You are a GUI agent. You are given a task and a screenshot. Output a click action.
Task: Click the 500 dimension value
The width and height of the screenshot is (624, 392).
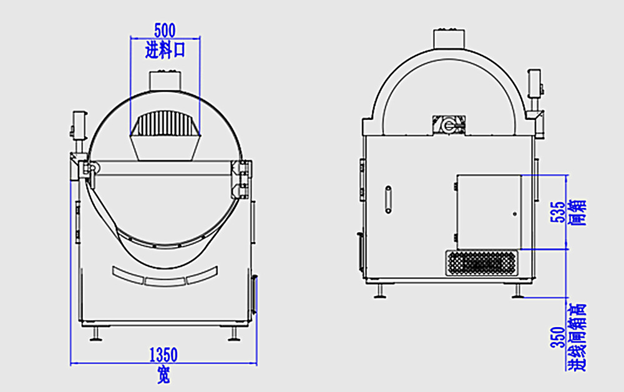(165, 29)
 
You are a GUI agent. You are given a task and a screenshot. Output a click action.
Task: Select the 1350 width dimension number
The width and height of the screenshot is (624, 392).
(163, 355)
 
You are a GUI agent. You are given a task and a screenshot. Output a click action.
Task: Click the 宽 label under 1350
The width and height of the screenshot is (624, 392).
(163, 376)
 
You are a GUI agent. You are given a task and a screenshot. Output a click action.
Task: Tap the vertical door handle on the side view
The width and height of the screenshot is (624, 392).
(388, 200)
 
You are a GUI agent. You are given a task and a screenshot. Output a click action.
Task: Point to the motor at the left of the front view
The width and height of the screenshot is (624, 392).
(79, 125)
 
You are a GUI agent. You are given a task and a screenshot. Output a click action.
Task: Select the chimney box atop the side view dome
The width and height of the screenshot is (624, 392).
(449, 38)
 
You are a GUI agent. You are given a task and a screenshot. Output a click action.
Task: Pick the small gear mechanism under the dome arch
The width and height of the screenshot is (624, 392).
(449, 125)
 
